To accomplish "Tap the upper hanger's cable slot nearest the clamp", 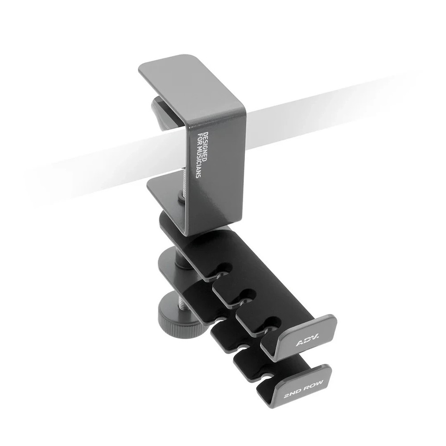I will point(224,268).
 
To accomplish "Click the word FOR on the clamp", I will point(194,141).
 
